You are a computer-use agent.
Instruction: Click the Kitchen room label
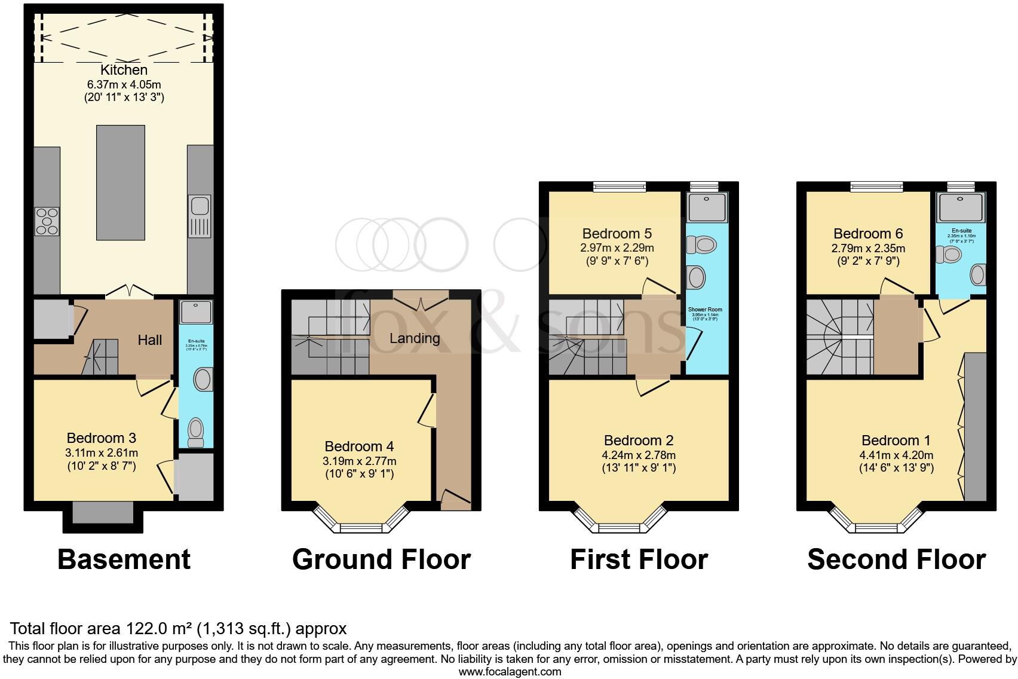(124, 70)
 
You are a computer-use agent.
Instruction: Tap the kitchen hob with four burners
(47, 220)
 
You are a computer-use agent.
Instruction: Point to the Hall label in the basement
(150, 340)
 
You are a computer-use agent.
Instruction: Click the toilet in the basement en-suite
(195, 432)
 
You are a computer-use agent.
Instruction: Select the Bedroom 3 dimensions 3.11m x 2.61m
(102, 452)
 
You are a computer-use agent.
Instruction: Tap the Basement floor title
(124, 559)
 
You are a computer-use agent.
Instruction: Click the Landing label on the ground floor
(415, 338)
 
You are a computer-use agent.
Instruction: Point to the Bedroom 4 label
(359, 446)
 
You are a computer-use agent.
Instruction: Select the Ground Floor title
(381, 559)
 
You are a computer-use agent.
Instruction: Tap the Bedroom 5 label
(617, 234)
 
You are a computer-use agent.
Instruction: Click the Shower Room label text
(707, 310)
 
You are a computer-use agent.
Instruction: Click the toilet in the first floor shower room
(703, 244)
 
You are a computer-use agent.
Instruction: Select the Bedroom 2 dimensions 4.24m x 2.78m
(639, 455)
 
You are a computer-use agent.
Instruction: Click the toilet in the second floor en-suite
(949, 255)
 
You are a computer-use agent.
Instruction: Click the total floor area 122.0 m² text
(178, 629)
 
